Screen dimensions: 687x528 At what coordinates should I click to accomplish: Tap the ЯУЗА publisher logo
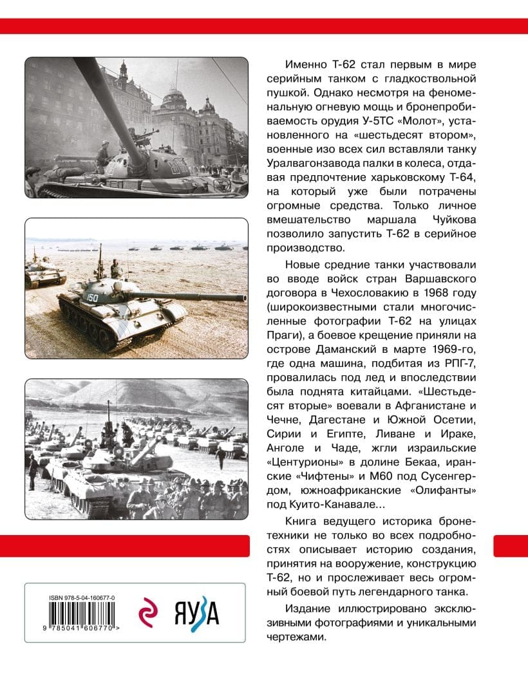pyautogui.click(x=196, y=612)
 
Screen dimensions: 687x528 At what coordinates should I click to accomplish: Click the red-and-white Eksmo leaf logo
pyautogui.click(x=150, y=612)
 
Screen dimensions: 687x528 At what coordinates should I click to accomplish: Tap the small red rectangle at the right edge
pyautogui.click(x=510, y=545)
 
